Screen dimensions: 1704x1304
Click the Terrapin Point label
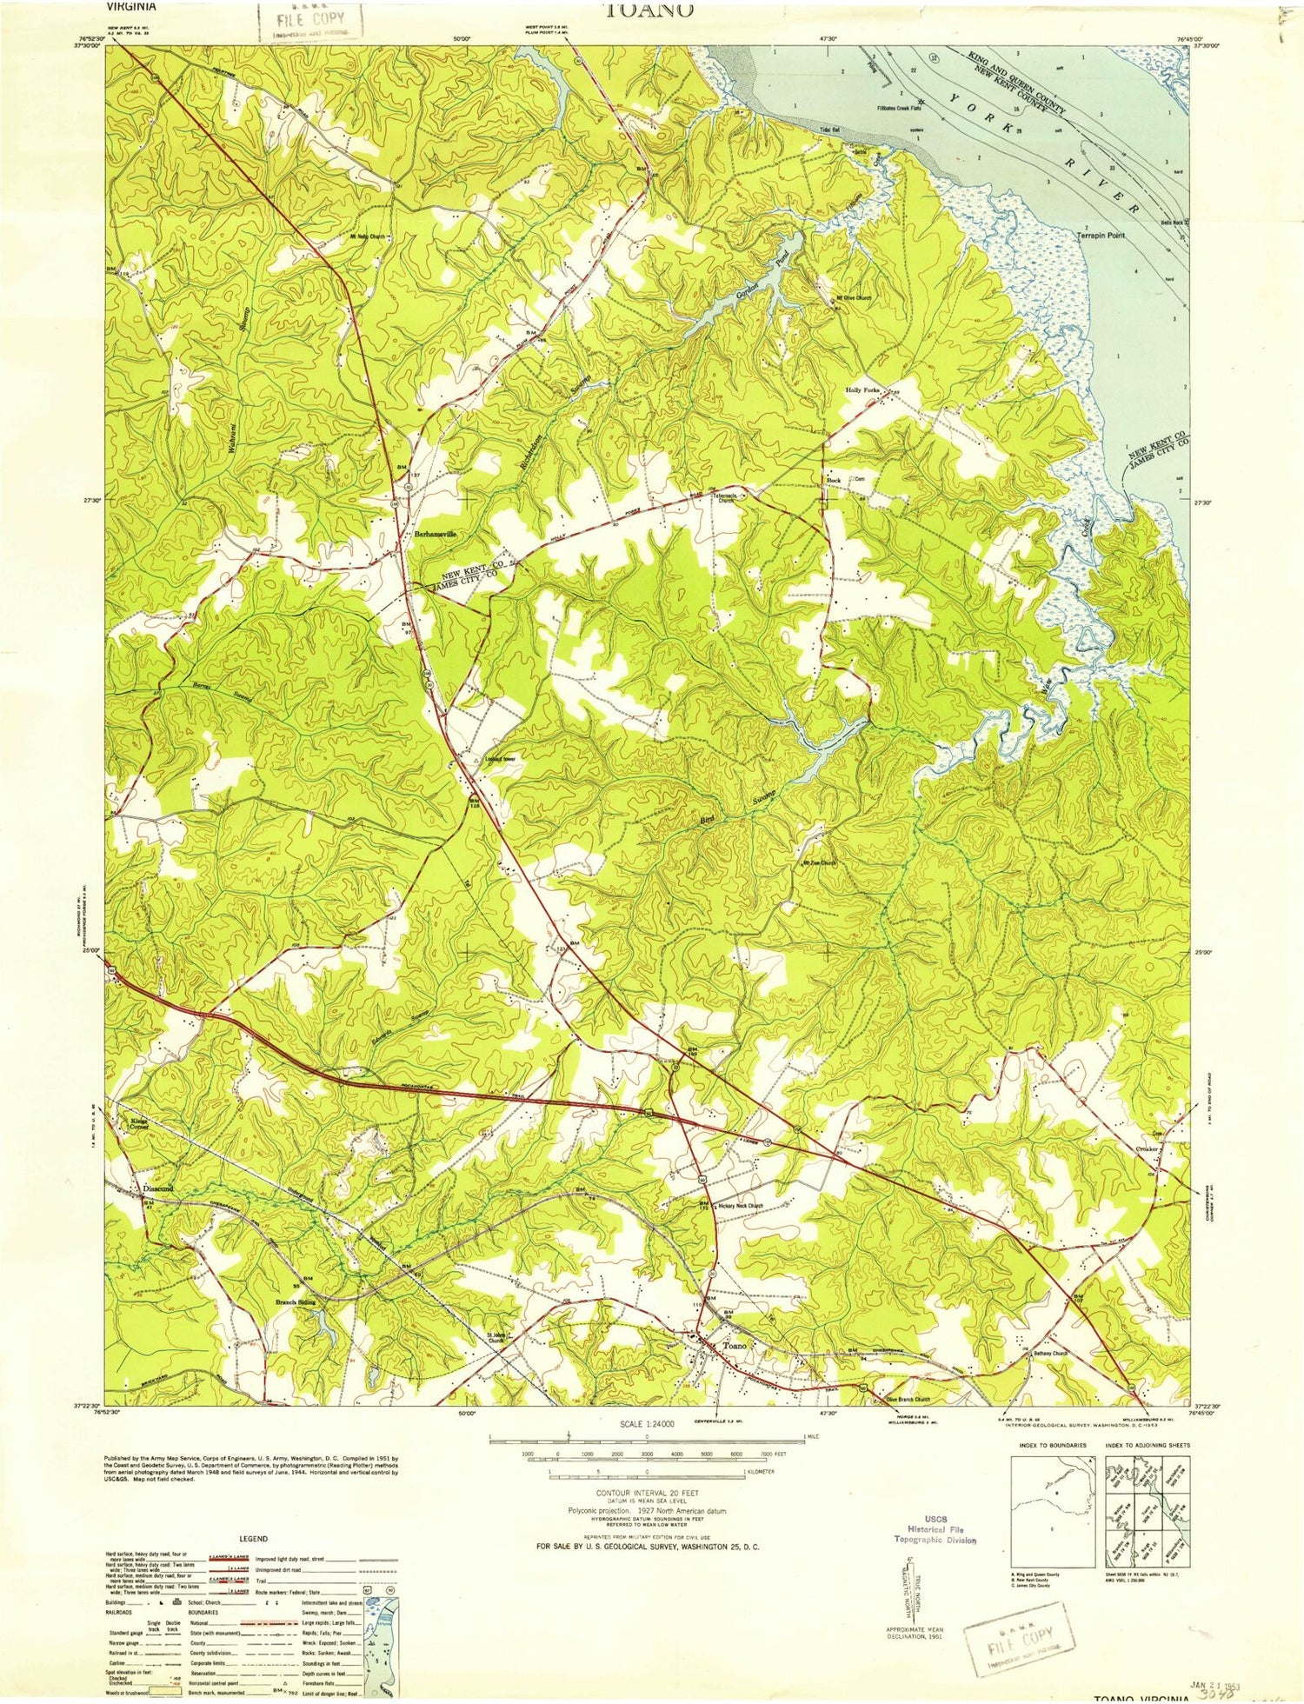point(1101,236)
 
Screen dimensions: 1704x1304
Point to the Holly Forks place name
point(866,390)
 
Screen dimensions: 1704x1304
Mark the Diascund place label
point(158,1188)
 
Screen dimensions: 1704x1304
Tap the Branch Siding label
point(296,1302)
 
